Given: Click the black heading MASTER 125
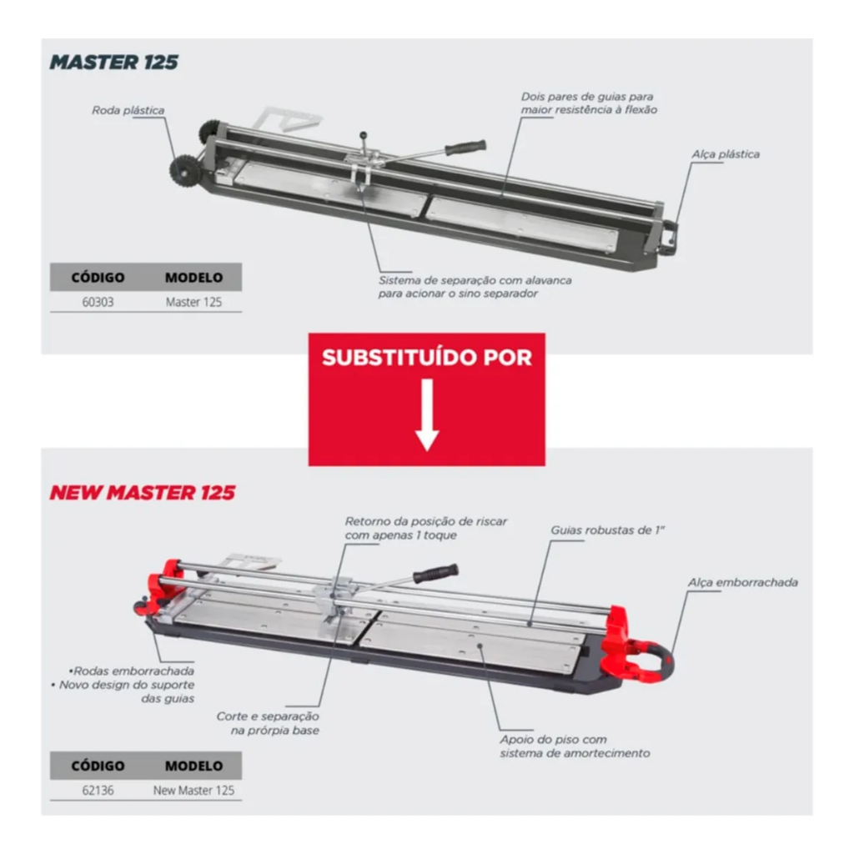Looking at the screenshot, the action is click(x=113, y=62).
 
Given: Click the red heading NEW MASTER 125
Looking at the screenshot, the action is click(x=143, y=492).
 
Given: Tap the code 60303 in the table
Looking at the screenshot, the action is click(x=98, y=302).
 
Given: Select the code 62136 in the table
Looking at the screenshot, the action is click(x=98, y=791).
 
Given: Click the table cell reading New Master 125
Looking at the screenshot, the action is click(x=193, y=791).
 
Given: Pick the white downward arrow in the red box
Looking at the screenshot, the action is click(x=427, y=415).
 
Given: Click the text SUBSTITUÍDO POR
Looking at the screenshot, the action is click(x=427, y=357).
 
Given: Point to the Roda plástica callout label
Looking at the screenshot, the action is click(x=128, y=111).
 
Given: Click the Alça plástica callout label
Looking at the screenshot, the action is click(x=726, y=154).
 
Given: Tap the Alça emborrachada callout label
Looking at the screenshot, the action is click(x=743, y=582).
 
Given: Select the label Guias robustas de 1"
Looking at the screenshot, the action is click(x=607, y=530).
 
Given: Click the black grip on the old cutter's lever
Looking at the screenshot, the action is click(x=465, y=147).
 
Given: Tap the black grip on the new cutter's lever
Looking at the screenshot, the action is click(x=435, y=573).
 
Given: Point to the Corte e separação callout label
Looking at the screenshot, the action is click(x=268, y=723).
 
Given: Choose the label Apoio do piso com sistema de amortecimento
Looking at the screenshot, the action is click(x=575, y=746).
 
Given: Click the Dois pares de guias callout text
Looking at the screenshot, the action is click(x=589, y=103).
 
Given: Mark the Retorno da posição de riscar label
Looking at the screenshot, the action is click(x=426, y=528).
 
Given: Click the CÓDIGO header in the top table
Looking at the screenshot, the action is click(x=98, y=277).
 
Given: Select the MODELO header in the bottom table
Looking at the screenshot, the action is click(x=193, y=766).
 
